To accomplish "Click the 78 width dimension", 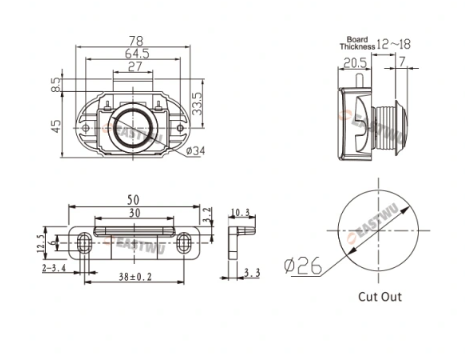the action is [136, 41].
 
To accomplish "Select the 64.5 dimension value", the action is [137, 53].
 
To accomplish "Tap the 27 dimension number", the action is [135, 66].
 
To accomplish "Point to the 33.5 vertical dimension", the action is [197, 104].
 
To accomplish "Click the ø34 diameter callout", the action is [195, 151].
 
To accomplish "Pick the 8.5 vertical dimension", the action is [56, 84].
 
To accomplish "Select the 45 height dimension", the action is [56, 126].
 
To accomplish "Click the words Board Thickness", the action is [357, 43].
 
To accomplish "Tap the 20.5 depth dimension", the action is [355, 62].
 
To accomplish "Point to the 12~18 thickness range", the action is [394, 44].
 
